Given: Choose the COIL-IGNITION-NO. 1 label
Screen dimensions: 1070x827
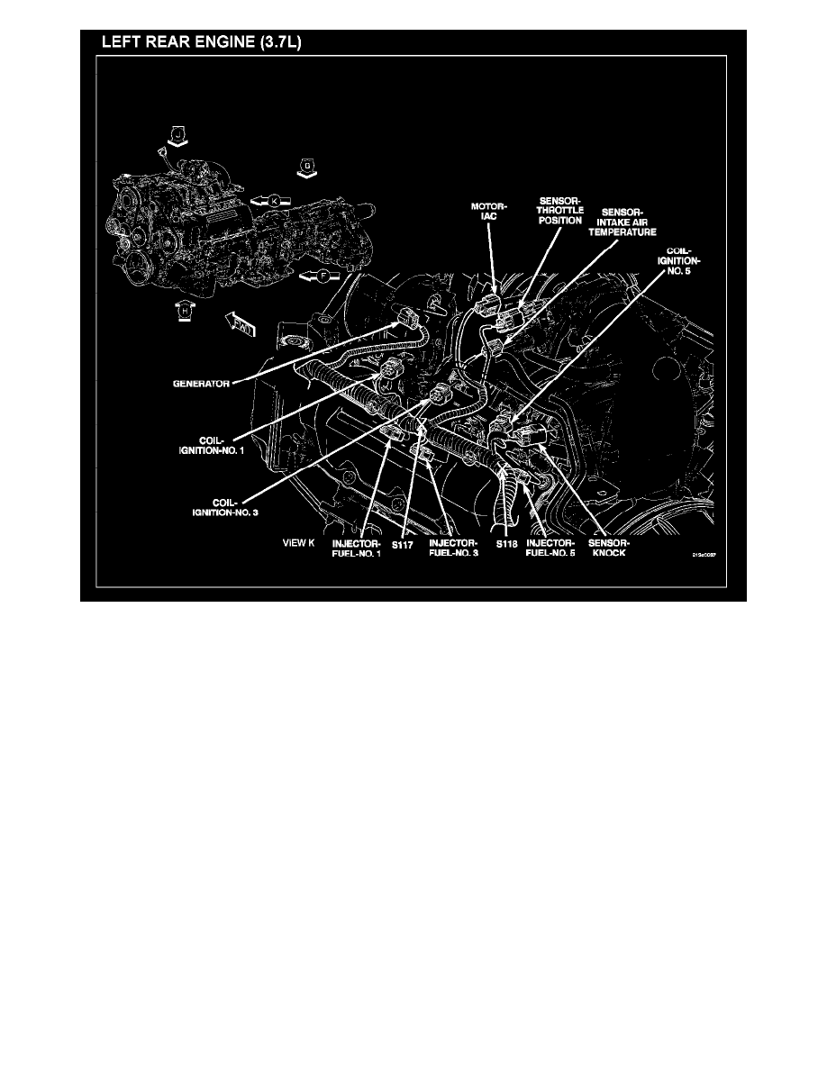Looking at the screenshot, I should tap(215, 445).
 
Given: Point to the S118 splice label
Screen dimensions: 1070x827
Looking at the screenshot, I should tap(506, 544).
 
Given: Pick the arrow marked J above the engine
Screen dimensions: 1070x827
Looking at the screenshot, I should tap(178, 136).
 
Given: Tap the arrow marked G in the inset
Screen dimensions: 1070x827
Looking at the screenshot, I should tap(308, 166).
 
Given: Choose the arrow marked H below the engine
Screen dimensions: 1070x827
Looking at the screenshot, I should tap(185, 310).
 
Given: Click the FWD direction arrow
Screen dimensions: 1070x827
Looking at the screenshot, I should tap(240, 321).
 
